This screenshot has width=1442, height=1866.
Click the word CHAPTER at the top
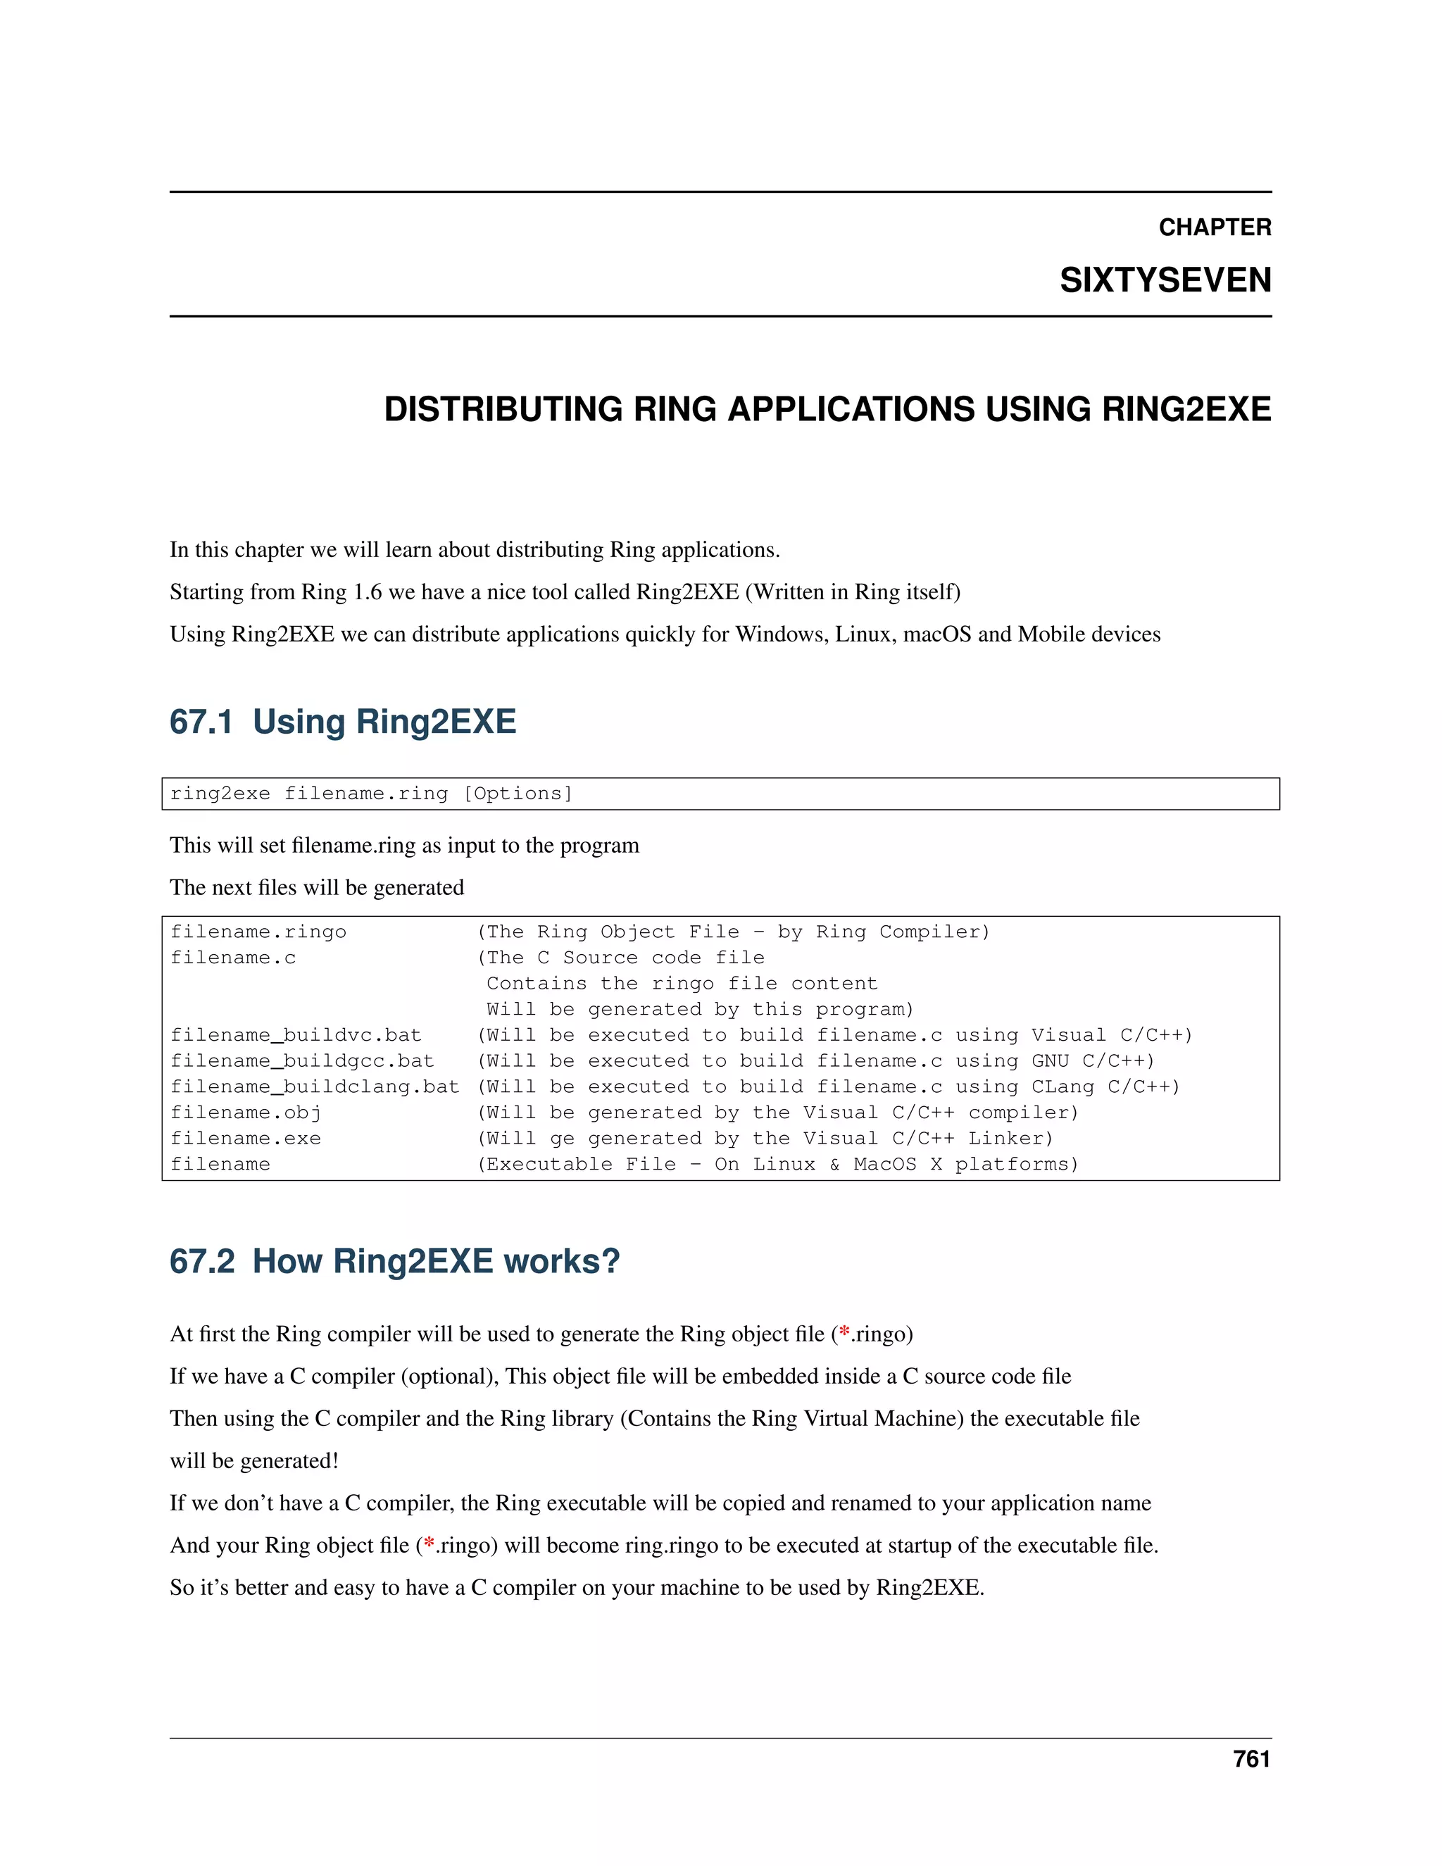pos(1214,227)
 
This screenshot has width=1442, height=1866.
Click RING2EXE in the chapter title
pos(1186,409)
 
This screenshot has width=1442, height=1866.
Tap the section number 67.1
pos(201,722)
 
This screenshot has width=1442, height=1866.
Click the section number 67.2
pos(201,1262)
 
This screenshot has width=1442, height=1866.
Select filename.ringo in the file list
pos(258,932)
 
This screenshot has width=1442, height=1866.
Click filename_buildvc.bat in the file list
pos(296,1036)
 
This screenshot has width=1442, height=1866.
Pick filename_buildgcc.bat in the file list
pos(301,1061)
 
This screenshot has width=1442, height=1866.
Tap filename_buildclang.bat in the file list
pos(314,1087)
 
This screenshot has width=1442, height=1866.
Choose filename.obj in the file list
pos(245,1113)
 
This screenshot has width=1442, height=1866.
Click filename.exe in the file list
pos(245,1139)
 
